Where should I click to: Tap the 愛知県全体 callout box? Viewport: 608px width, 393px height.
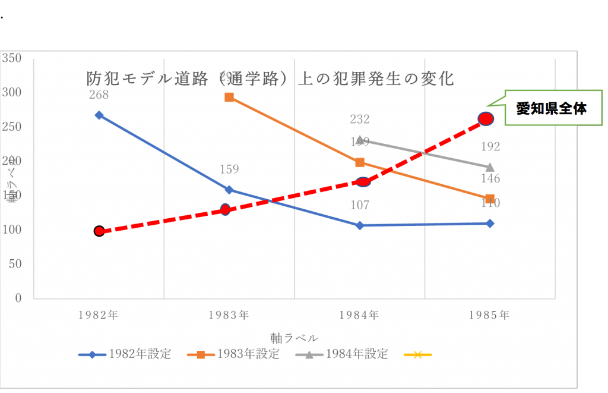(551, 108)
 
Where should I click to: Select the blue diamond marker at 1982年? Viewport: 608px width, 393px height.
(99, 115)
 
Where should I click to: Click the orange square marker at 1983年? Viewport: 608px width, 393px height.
(229, 97)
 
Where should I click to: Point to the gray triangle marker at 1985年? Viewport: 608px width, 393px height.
(490, 167)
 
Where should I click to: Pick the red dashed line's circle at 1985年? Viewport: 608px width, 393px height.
(486, 119)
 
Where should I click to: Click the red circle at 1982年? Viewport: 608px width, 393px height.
(99, 231)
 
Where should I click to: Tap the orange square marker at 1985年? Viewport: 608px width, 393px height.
(490, 199)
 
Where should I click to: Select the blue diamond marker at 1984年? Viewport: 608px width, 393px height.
(360, 225)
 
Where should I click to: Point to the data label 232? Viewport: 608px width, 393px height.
(360, 120)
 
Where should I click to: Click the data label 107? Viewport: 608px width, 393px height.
(360, 205)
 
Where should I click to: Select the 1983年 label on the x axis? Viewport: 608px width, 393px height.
(229, 315)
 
